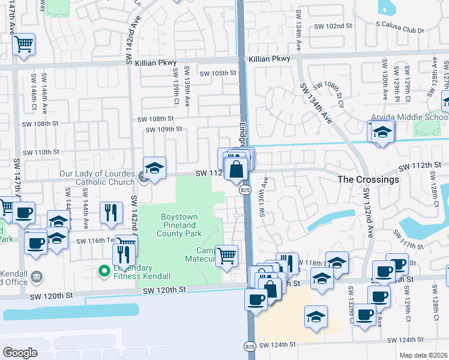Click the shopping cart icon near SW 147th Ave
(23, 44)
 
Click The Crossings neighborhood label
(368, 179)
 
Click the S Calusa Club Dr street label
(400, 31)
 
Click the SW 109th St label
(163, 129)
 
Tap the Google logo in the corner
(20, 352)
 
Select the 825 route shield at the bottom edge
(250, 346)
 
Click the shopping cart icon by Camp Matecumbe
(227, 256)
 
